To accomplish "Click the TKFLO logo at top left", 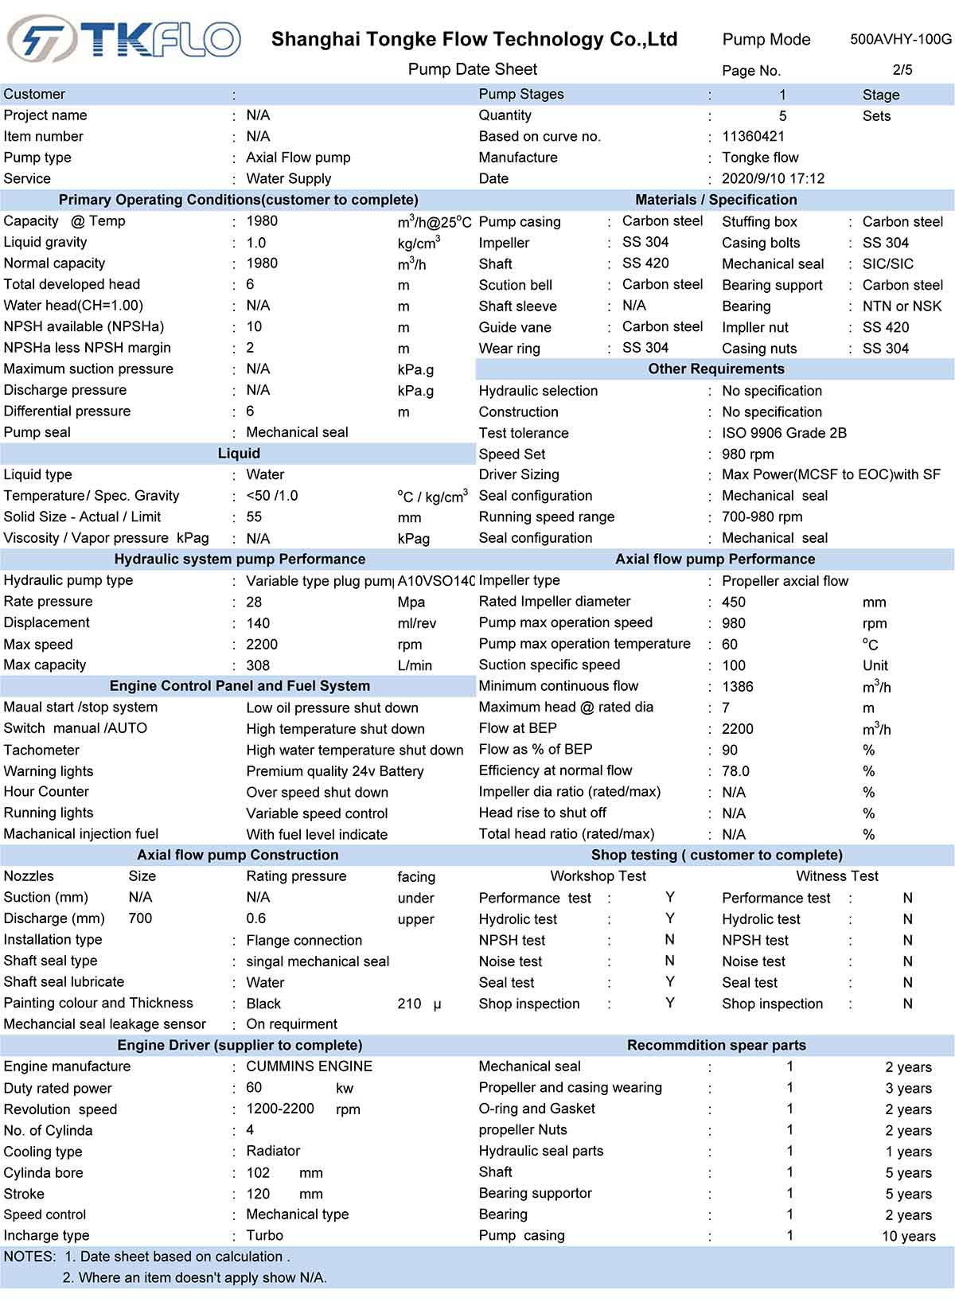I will click(123, 38).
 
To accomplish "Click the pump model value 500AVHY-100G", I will click(900, 39).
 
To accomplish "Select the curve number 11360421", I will click(753, 136).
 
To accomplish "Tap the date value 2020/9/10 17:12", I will click(773, 178).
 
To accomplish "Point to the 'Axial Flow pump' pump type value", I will click(298, 158).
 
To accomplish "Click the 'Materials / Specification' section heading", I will click(715, 200).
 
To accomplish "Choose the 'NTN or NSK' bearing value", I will click(902, 306).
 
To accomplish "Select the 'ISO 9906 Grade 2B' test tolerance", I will click(784, 433).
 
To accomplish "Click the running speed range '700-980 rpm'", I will click(762, 517).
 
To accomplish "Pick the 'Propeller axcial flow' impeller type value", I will click(785, 581).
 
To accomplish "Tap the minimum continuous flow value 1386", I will click(737, 686).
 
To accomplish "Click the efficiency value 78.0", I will click(735, 770).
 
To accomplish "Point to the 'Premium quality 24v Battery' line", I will click(334, 771).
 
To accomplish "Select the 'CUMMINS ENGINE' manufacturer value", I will click(309, 1066).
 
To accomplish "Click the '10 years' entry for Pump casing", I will click(908, 1236).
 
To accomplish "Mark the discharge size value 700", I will click(140, 918).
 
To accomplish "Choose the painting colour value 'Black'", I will click(263, 1004).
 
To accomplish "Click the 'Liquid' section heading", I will click(239, 454).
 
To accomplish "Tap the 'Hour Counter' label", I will click(46, 792).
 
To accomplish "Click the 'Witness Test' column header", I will click(837, 876).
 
